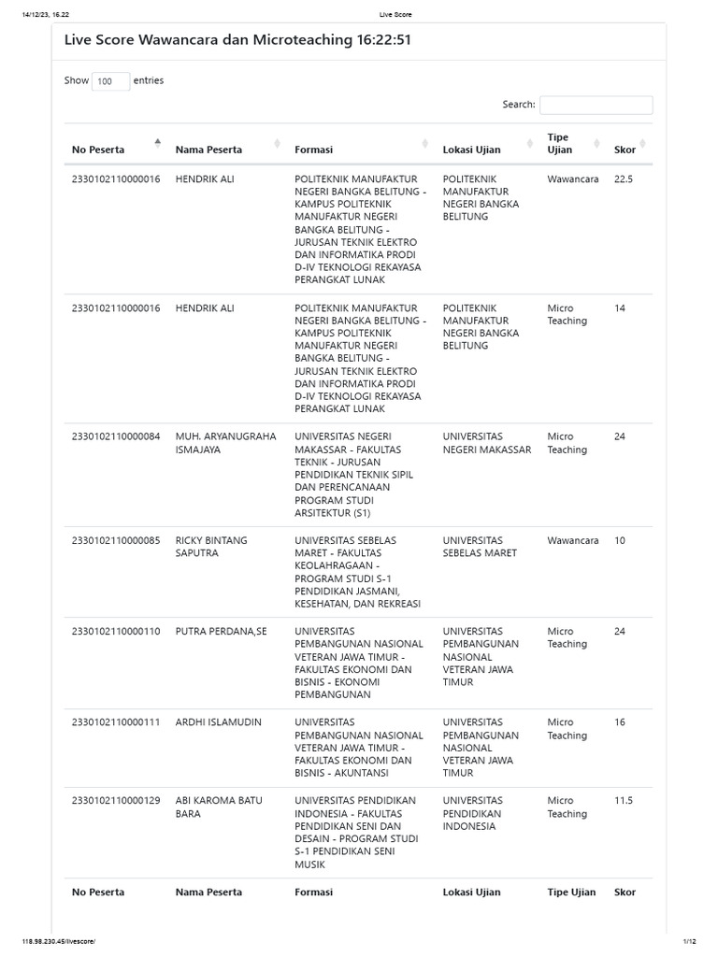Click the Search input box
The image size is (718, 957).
(x=596, y=105)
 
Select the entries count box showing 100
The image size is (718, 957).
(x=110, y=81)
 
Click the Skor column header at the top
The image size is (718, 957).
(x=625, y=150)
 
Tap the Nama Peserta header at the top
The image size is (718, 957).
(x=208, y=150)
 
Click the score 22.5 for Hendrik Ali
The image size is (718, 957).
(x=624, y=179)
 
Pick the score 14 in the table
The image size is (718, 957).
(x=621, y=307)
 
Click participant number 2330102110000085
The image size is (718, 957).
(x=116, y=540)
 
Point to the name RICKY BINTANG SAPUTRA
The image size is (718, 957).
(x=211, y=547)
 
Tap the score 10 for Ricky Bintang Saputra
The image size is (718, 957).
(x=621, y=540)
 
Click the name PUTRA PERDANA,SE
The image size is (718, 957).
(x=221, y=631)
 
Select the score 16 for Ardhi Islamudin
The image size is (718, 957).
(x=621, y=721)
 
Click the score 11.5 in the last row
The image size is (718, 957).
(x=624, y=800)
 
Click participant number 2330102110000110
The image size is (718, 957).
(x=116, y=631)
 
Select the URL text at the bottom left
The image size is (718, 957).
(x=58, y=940)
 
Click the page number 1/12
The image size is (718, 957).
(x=691, y=940)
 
